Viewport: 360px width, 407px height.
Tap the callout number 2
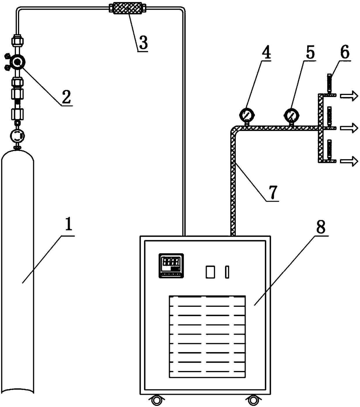click(x=66, y=97)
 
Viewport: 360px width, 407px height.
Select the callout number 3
click(x=143, y=42)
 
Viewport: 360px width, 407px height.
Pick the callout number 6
click(x=345, y=52)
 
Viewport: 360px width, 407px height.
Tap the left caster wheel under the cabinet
click(x=156, y=400)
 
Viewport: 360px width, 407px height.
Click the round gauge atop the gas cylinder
click(x=17, y=135)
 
